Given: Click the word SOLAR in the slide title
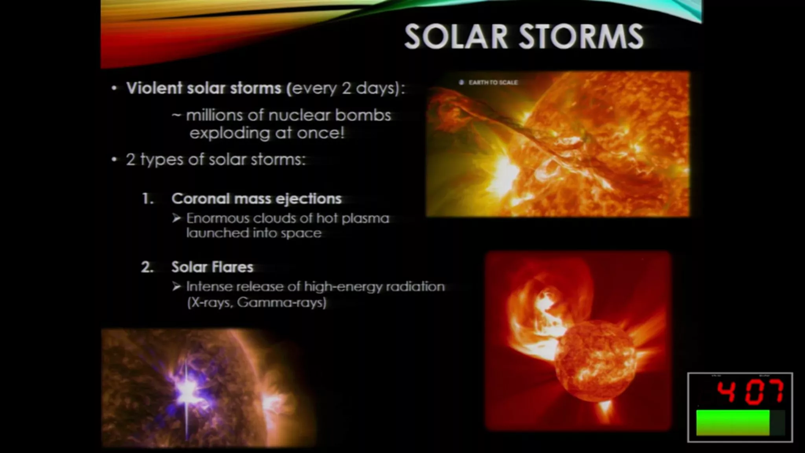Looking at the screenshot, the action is click(x=456, y=37).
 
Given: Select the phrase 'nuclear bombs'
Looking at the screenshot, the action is click(x=329, y=115).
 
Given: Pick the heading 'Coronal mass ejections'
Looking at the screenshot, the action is click(x=256, y=199).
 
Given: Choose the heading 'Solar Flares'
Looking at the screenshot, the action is click(x=212, y=267).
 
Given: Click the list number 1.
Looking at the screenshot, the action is click(x=147, y=199).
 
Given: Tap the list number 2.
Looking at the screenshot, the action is click(x=147, y=267).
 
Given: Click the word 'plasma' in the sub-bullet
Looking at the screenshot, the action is click(x=365, y=219).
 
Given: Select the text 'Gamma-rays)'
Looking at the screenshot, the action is click(x=282, y=302).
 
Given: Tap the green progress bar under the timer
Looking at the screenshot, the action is click(x=733, y=423).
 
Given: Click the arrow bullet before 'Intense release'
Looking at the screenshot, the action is click(x=176, y=286).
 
